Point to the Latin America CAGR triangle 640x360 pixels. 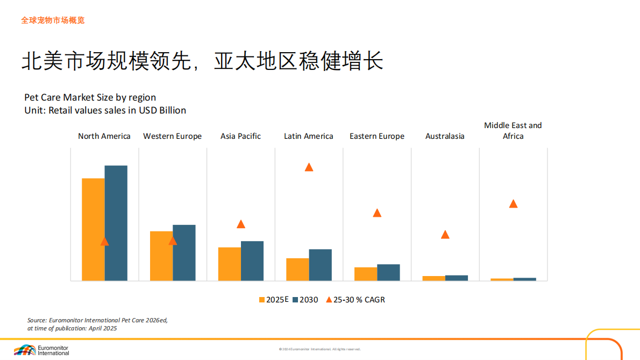coord(309,167)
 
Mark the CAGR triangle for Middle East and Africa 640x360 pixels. coord(513,204)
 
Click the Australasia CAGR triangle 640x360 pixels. coord(445,235)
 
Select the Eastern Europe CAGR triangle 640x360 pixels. coord(377,213)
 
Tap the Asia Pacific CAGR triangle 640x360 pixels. coord(241,224)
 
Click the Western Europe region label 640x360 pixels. coord(172,136)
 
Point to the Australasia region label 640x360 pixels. coord(445,136)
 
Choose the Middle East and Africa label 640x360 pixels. coord(513,131)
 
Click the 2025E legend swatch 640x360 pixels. coord(262,300)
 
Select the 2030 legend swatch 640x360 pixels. coord(295,300)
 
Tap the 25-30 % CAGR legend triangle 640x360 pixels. coord(329,300)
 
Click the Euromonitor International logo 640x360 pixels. coord(41,350)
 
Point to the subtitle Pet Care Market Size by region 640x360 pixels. coord(90,97)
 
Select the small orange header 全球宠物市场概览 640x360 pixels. coord(53,20)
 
